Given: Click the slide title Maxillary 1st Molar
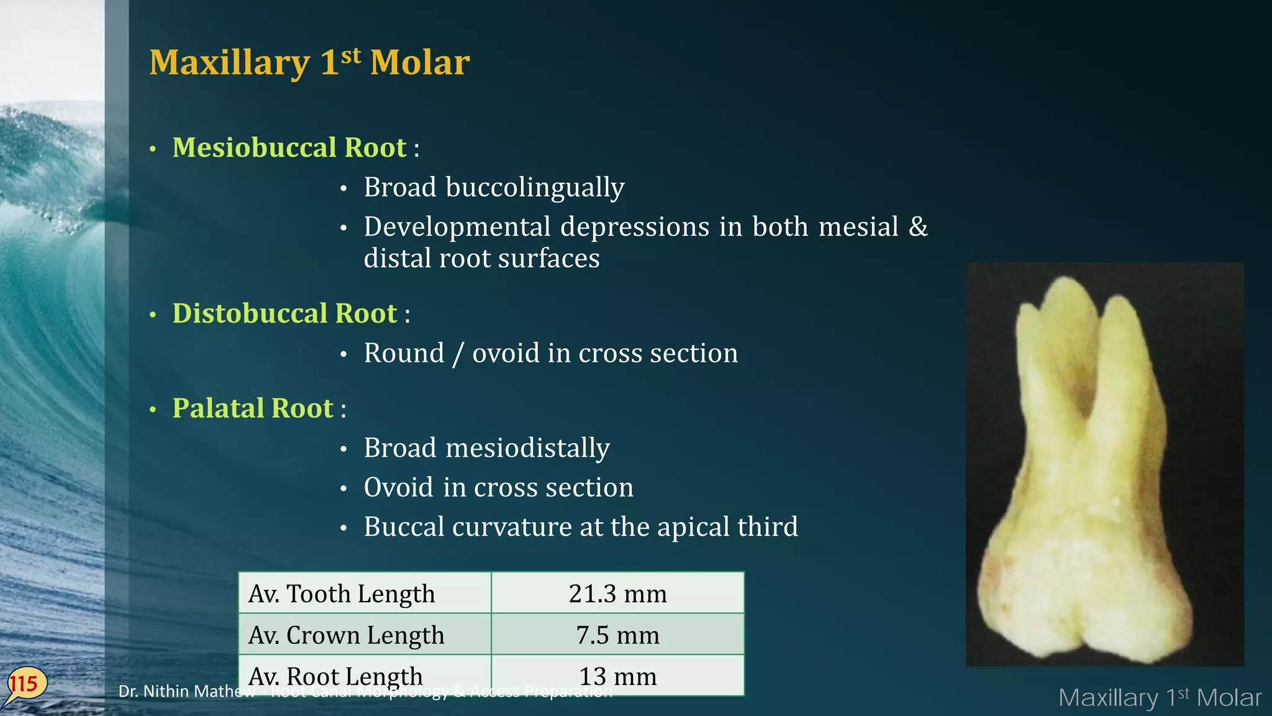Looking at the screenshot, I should click(309, 63).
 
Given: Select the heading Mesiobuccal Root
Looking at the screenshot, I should click(289, 148).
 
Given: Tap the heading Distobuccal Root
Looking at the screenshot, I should click(284, 314).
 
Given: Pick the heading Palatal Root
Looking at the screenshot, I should click(253, 409).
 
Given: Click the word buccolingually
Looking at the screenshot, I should click(534, 188).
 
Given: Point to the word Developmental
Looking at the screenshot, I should click(457, 227).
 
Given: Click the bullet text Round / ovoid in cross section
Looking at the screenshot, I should click(550, 354).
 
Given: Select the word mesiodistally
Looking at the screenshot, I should click(527, 448).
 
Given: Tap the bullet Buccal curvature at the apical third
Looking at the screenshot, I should click(580, 527).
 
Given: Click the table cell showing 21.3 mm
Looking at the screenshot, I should click(617, 594).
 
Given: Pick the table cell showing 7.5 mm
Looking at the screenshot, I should click(617, 635).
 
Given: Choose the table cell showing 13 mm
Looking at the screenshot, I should click(617, 676).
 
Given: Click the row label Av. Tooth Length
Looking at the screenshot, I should click(342, 594).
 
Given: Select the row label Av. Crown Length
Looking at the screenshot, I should click(346, 635).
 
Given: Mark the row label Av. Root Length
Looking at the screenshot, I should click(335, 675).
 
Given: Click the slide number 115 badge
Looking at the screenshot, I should click(24, 684).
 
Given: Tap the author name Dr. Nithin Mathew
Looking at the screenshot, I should click(186, 692).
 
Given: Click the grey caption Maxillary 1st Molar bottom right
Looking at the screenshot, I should click(1159, 698).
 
